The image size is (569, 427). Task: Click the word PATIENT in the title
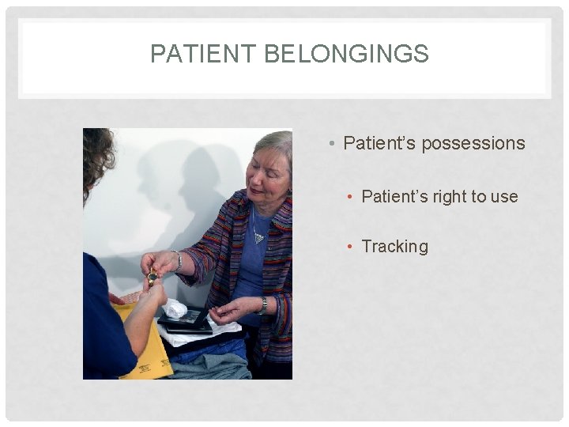(x=203, y=54)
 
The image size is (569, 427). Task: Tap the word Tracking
(x=394, y=246)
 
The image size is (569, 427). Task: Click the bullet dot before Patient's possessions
(x=334, y=144)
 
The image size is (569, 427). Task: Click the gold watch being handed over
(x=152, y=277)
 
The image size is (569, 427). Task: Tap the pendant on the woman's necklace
(x=258, y=237)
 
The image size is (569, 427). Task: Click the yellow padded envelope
(x=146, y=348)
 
